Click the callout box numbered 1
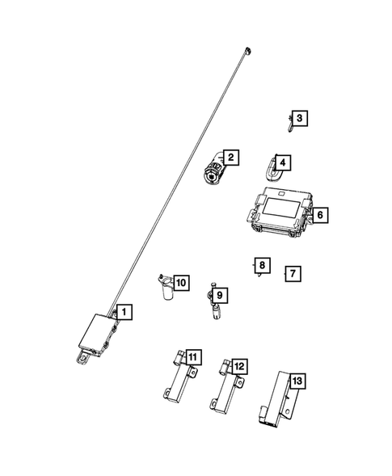click(x=124, y=311)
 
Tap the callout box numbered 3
click(x=299, y=119)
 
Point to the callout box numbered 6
click(x=320, y=215)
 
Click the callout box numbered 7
click(x=293, y=274)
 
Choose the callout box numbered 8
click(x=260, y=265)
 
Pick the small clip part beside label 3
click(x=289, y=121)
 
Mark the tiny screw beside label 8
click(x=255, y=275)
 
